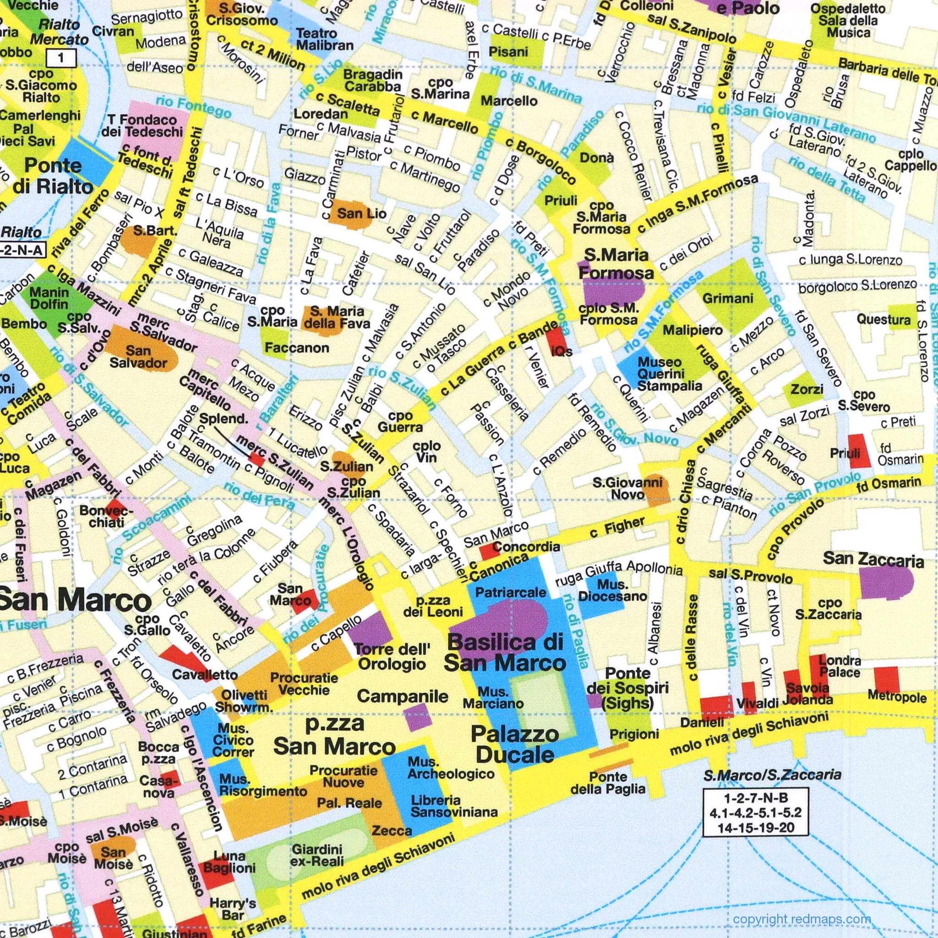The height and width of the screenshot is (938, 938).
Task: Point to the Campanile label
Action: (403, 696)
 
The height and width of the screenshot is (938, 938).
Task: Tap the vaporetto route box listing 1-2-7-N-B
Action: (755, 812)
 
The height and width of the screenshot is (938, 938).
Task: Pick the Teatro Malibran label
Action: (324, 39)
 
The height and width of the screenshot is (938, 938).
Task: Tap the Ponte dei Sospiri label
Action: (628, 688)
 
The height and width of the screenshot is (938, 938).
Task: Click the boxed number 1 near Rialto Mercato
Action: (61, 58)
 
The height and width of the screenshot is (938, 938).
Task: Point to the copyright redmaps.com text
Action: (802, 919)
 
